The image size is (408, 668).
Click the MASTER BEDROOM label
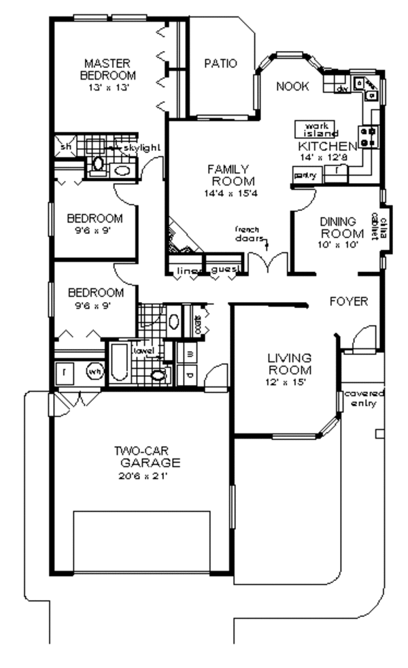point(107,69)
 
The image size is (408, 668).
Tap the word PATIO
point(220,64)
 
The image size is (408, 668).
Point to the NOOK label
point(292,86)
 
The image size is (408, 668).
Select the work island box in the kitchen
point(316,129)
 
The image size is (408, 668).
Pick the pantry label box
point(303,176)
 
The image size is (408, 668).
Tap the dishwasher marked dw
point(343,88)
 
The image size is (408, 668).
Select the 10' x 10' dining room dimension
point(338,245)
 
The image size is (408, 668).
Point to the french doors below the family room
point(261,261)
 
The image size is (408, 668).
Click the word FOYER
point(349,301)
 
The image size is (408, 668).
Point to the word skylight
point(141,147)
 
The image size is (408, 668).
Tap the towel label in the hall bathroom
point(143,350)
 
